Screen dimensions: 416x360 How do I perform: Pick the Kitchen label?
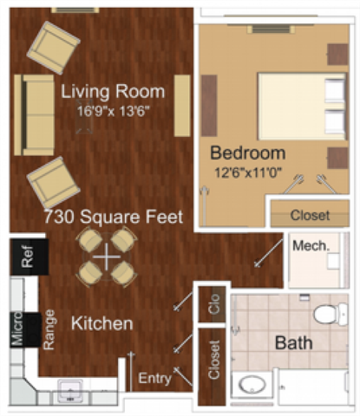coord(101,323)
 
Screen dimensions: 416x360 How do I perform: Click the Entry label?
coord(155,378)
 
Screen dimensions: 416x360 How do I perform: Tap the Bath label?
coord(293,343)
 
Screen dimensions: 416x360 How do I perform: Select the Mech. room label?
coord(310,246)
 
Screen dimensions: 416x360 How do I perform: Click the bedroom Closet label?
coord(310,215)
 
